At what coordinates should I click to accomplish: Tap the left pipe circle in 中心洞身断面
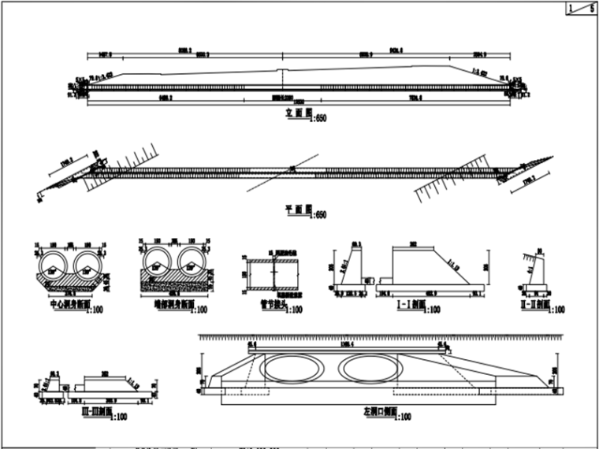click(x=57, y=263)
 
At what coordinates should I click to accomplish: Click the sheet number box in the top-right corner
click(x=580, y=9)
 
